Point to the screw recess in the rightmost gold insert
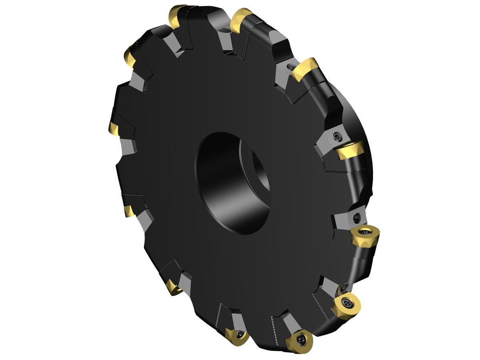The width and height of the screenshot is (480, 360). [x=365, y=232]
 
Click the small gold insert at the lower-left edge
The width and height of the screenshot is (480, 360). [x=173, y=287]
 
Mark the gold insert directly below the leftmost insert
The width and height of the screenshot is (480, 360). [x=129, y=211]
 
